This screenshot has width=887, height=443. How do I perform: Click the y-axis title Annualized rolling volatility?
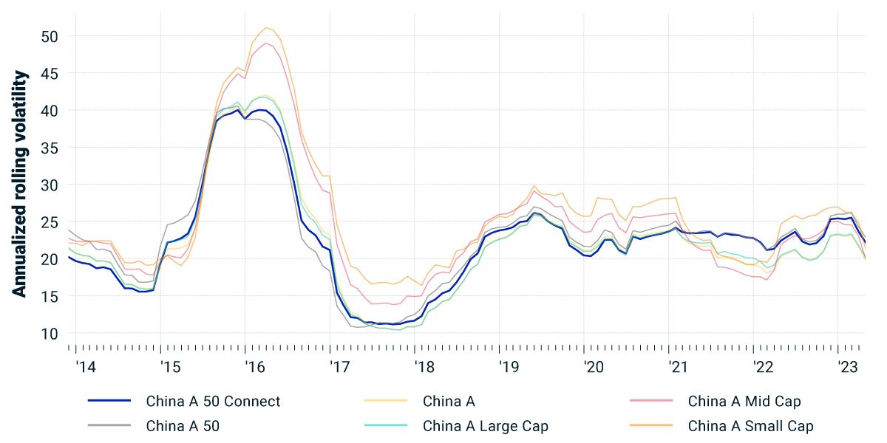tap(20, 185)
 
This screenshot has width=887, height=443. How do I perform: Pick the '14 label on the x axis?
tap(85, 367)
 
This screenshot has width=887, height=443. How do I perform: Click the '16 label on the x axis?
tap(255, 367)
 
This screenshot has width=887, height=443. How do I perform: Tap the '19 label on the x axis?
tap(509, 367)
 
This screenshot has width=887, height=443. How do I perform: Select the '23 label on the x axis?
tap(847, 367)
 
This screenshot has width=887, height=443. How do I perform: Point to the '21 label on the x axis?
tap(678, 367)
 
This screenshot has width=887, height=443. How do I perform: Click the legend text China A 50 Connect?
tap(214, 402)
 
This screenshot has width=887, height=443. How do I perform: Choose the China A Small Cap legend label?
tap(750, 426)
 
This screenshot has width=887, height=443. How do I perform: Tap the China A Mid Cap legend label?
tap(744, 402)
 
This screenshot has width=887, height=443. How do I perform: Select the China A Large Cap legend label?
tap(486, 426)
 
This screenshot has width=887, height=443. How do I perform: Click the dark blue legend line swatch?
tap(109, 401)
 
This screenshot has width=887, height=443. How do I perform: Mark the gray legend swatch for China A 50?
tap(109, 425)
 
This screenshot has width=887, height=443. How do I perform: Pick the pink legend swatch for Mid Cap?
tap(651, 401)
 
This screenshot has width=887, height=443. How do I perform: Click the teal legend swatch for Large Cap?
tap(387, 425)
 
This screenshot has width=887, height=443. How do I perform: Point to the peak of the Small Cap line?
tap(267, 28)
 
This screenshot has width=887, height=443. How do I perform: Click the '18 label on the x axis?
tap(424, 367)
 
